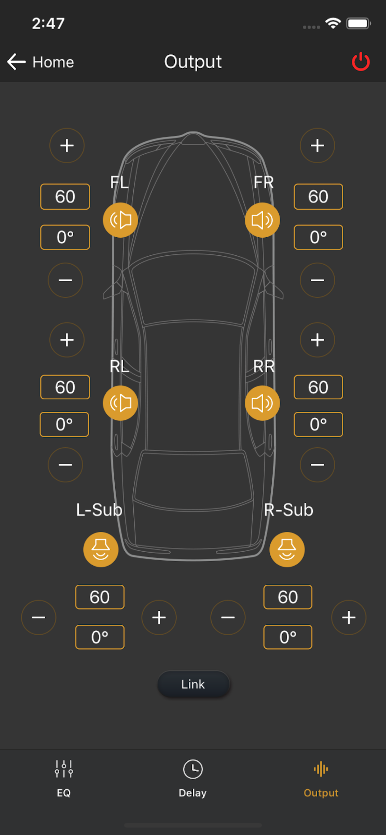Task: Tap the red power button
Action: pos(361,61)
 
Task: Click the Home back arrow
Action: pos(16,62)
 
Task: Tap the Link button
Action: pos(193,684)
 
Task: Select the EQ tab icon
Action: pos(64,769)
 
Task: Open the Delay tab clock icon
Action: pos(193,769)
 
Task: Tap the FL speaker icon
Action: pos(120,220)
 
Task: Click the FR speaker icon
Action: pos(262,220)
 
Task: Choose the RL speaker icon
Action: pos(120,403)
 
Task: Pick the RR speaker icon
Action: pos(262,403)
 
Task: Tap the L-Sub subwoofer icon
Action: pos(101,550)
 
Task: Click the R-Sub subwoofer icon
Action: pos(287,550)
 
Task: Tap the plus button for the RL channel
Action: pos(67,340)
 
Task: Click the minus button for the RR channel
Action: pos(317,464)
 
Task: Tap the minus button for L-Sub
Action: pos(39,617)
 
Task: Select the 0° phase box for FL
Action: pos(65,237)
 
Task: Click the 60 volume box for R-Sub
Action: pos(288,597)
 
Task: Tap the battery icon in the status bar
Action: pos(358,23)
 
